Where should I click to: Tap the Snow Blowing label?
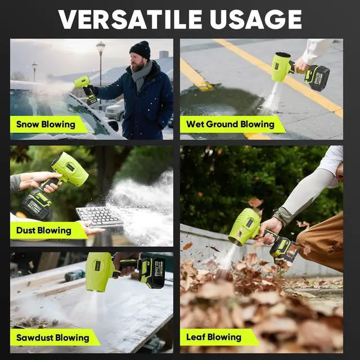pos(46,124)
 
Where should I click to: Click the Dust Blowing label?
pos(43,230)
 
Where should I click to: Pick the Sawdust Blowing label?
pos(52,337)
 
